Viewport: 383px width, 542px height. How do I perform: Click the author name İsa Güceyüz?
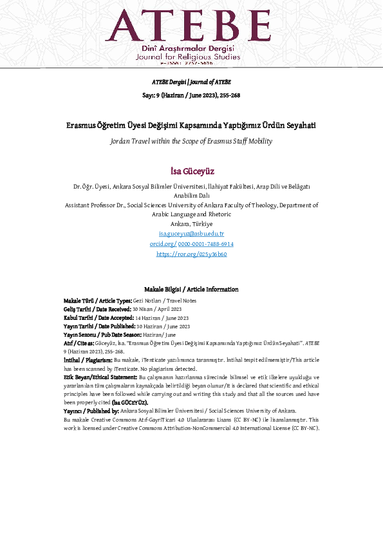pyautogui.click(x=191, y=172)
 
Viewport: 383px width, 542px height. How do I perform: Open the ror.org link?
pyautogui.click(x=191, y=254)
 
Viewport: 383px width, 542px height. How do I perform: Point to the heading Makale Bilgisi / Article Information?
pyautogui.click(x=191, y=290)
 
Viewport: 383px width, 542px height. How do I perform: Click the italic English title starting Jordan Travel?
pyautogui.click(x=191, y=140)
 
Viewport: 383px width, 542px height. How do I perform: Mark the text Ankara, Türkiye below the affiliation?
pyautogui.click(x=191, y=223)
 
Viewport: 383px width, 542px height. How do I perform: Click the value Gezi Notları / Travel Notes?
pyautogui.click(x=165, y=301)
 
